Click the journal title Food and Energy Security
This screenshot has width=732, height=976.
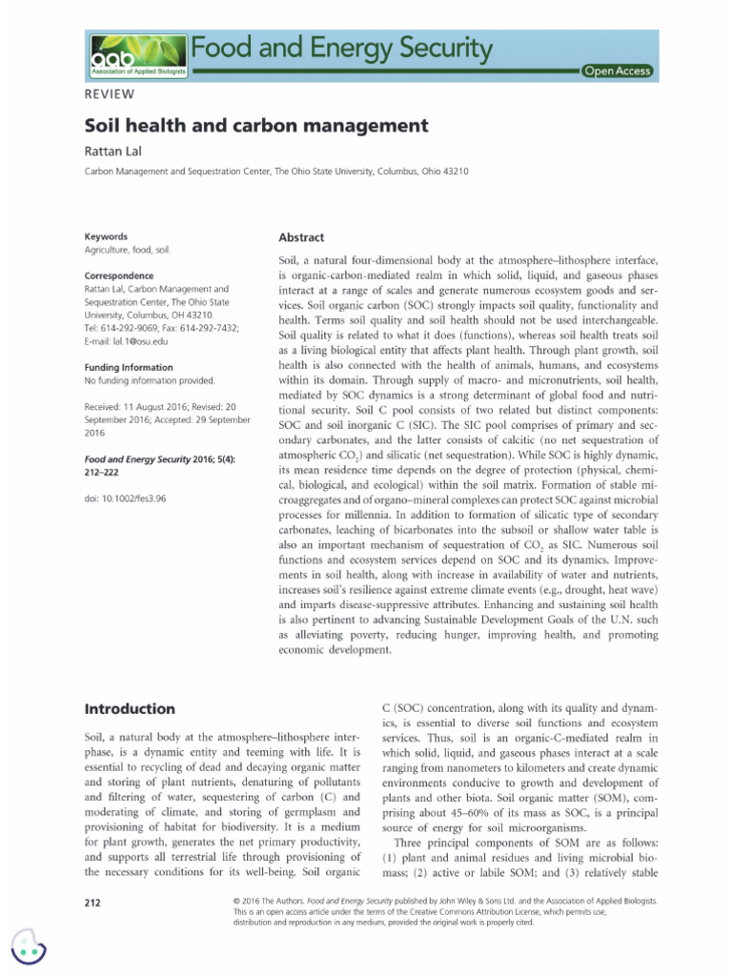[343, 47]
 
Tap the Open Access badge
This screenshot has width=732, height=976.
[618, 71]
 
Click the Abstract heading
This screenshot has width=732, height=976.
[301, 237]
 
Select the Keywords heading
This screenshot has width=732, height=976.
[106, 235]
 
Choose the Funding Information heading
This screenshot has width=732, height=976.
[129, 367]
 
